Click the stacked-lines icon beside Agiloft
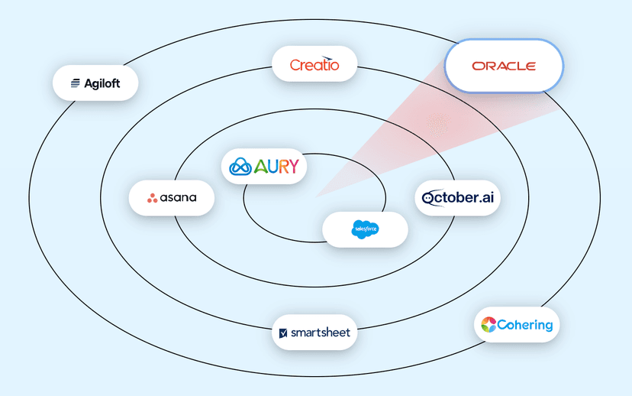(76, 83)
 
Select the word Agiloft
(102, 83)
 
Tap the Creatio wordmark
(314, 64)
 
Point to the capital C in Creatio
(295, 66)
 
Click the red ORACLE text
(504, 67)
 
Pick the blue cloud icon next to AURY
(240, 166)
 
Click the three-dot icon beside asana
(153, 198)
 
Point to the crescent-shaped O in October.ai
(429, 198)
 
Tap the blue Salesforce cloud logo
(365, 229)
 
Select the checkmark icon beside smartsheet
(284, 333)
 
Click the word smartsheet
(321, 333)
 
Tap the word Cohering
(526, 325)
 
